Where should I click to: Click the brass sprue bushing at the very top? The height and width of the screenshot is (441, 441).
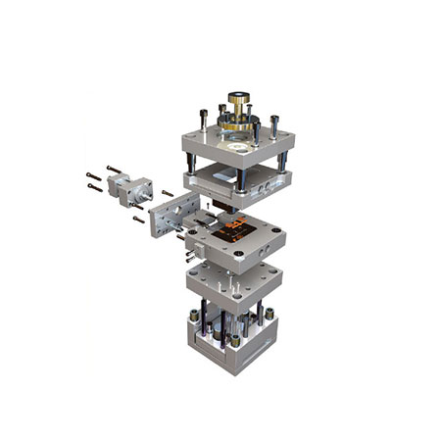(238, 100)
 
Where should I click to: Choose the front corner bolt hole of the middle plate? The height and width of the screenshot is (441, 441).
(235, 258)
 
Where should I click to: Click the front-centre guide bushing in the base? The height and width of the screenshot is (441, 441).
(235, 341)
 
